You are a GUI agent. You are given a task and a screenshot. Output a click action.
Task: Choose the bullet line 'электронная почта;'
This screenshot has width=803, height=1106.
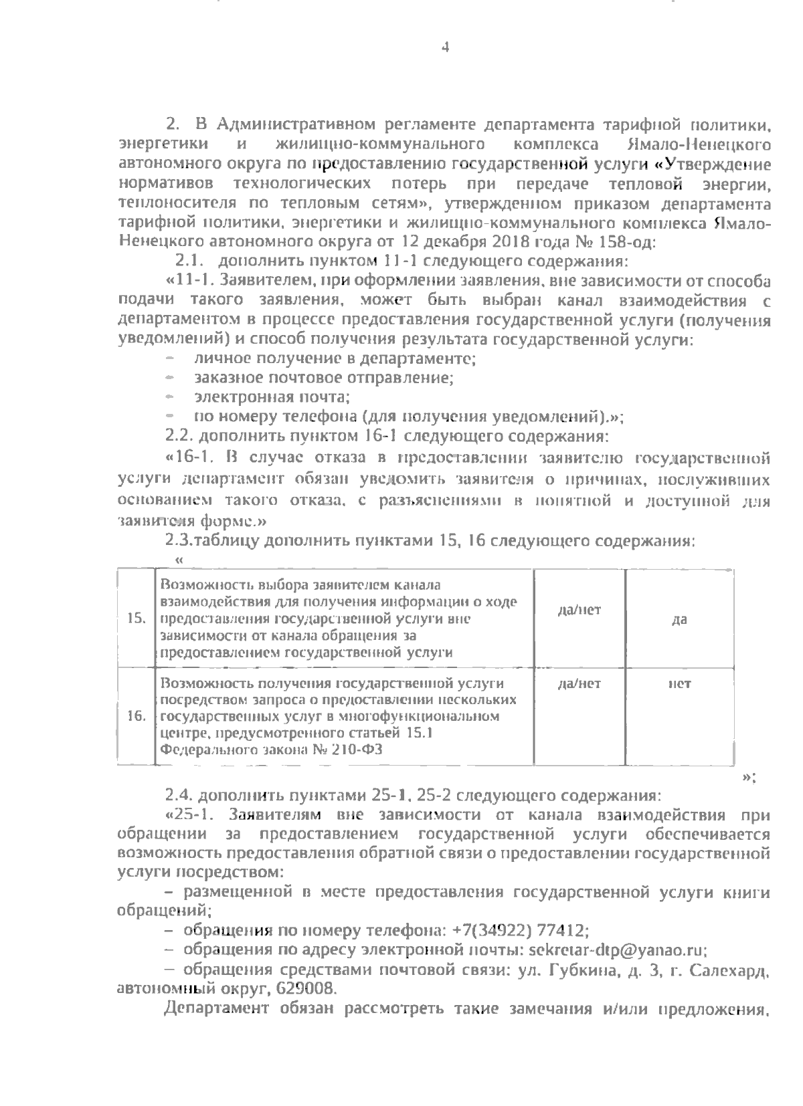[272, 397]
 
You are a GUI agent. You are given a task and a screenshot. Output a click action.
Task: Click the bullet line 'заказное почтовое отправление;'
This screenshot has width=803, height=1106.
[324, 378]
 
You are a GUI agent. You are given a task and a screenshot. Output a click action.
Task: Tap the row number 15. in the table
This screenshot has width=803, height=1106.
[136, 619]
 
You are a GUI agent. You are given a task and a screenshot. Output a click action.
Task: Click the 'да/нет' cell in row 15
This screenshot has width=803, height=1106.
[579, 610]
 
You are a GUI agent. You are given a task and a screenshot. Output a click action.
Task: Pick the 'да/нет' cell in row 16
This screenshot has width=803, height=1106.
[579, 684]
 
